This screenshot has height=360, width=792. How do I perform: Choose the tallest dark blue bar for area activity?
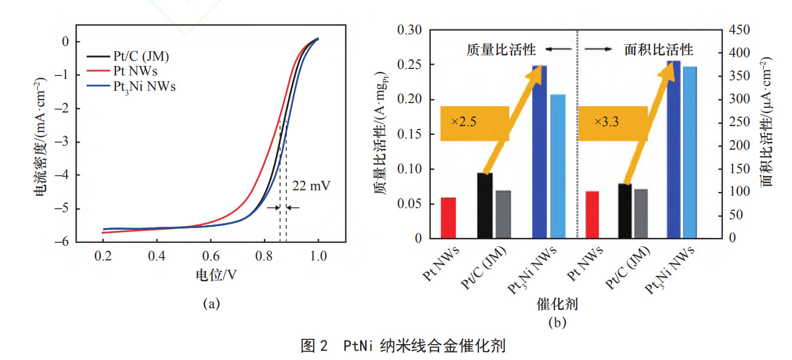pyautogui.click(x=673, y=150)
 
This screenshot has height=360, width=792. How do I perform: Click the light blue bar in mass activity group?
pyautogui.click(x=557, y=166)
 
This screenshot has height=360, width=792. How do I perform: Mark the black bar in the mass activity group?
pyautogui.click(x=484, y=206)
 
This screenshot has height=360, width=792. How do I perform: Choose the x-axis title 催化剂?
pyautogui.click(x=556, y=305)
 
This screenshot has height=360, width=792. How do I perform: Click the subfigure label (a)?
pyautogui.click(x=211, y=304)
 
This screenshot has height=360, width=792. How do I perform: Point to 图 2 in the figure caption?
pyautogui.click(x=313, y=346)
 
